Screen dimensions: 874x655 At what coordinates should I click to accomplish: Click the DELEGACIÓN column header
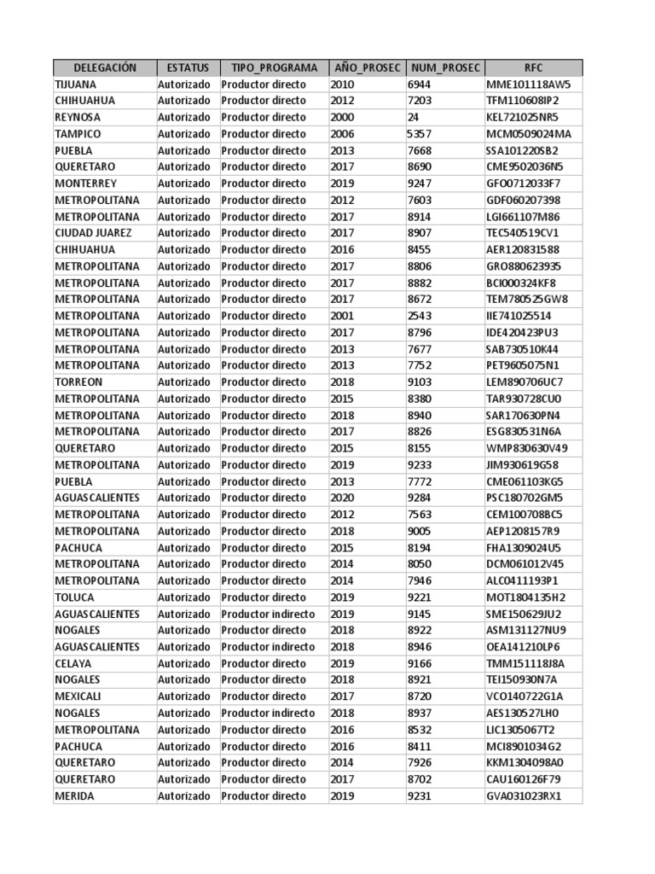tap(105, 67)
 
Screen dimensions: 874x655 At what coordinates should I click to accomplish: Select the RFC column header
tap(534, 67)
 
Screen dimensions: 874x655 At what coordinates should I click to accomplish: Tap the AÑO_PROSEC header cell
tap(367, 67)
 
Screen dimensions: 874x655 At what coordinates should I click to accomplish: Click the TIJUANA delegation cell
tap(76, 84)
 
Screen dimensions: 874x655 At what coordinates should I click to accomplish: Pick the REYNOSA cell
tap(78, 117)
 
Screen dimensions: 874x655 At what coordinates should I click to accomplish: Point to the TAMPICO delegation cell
tap(78, 134)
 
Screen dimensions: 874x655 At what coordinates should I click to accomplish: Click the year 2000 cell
tap(343, 117)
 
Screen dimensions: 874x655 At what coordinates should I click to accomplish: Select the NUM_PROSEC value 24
tap(414, 117)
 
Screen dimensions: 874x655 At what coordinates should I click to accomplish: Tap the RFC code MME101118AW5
tap(529, 84)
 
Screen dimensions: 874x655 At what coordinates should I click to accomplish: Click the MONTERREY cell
tap(86, 184)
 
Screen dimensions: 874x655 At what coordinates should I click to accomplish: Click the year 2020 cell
tap(343, 498)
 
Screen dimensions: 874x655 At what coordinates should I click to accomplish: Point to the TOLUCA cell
tap(75, 597)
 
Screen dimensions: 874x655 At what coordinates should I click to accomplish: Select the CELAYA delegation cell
tap(73, 663)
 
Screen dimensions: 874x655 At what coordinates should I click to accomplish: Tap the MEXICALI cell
tap(78, 696)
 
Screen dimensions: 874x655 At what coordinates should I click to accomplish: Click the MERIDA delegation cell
tap(75, 795)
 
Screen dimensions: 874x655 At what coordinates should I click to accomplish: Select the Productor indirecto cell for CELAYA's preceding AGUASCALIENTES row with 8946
tap(268, 647)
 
